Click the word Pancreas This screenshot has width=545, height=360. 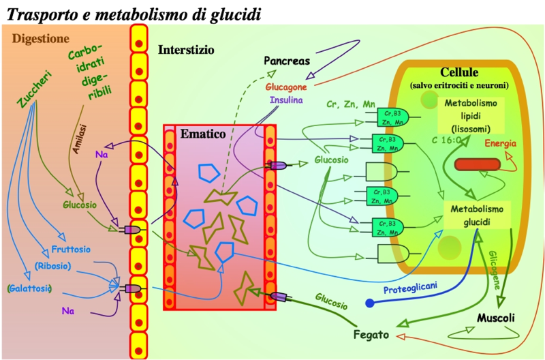pyautogui.click(x=287, y=61)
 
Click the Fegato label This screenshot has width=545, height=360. pyautogui.click(x=371, y=335)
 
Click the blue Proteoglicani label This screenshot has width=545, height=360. pyautogui.click(x=409, y=288)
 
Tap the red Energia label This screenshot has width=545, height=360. pyautogui.click(x=501, y=144)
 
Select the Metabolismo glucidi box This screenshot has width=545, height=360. pyautogui.click(x=478, y=214)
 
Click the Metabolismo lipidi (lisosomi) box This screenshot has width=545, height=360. pyautogui.click(x=471, y=116)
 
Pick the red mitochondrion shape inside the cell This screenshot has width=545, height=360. pyautogui.click(x=477, y=164)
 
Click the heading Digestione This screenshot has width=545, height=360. pyautogui.click(x=41, y=37)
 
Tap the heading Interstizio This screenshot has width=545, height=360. pyautogui.click(x=186, y=50)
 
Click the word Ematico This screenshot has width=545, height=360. pyautogui.click(x=202, y=134)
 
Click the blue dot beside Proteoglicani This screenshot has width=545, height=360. pyautogui.click(x=370, y=302)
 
